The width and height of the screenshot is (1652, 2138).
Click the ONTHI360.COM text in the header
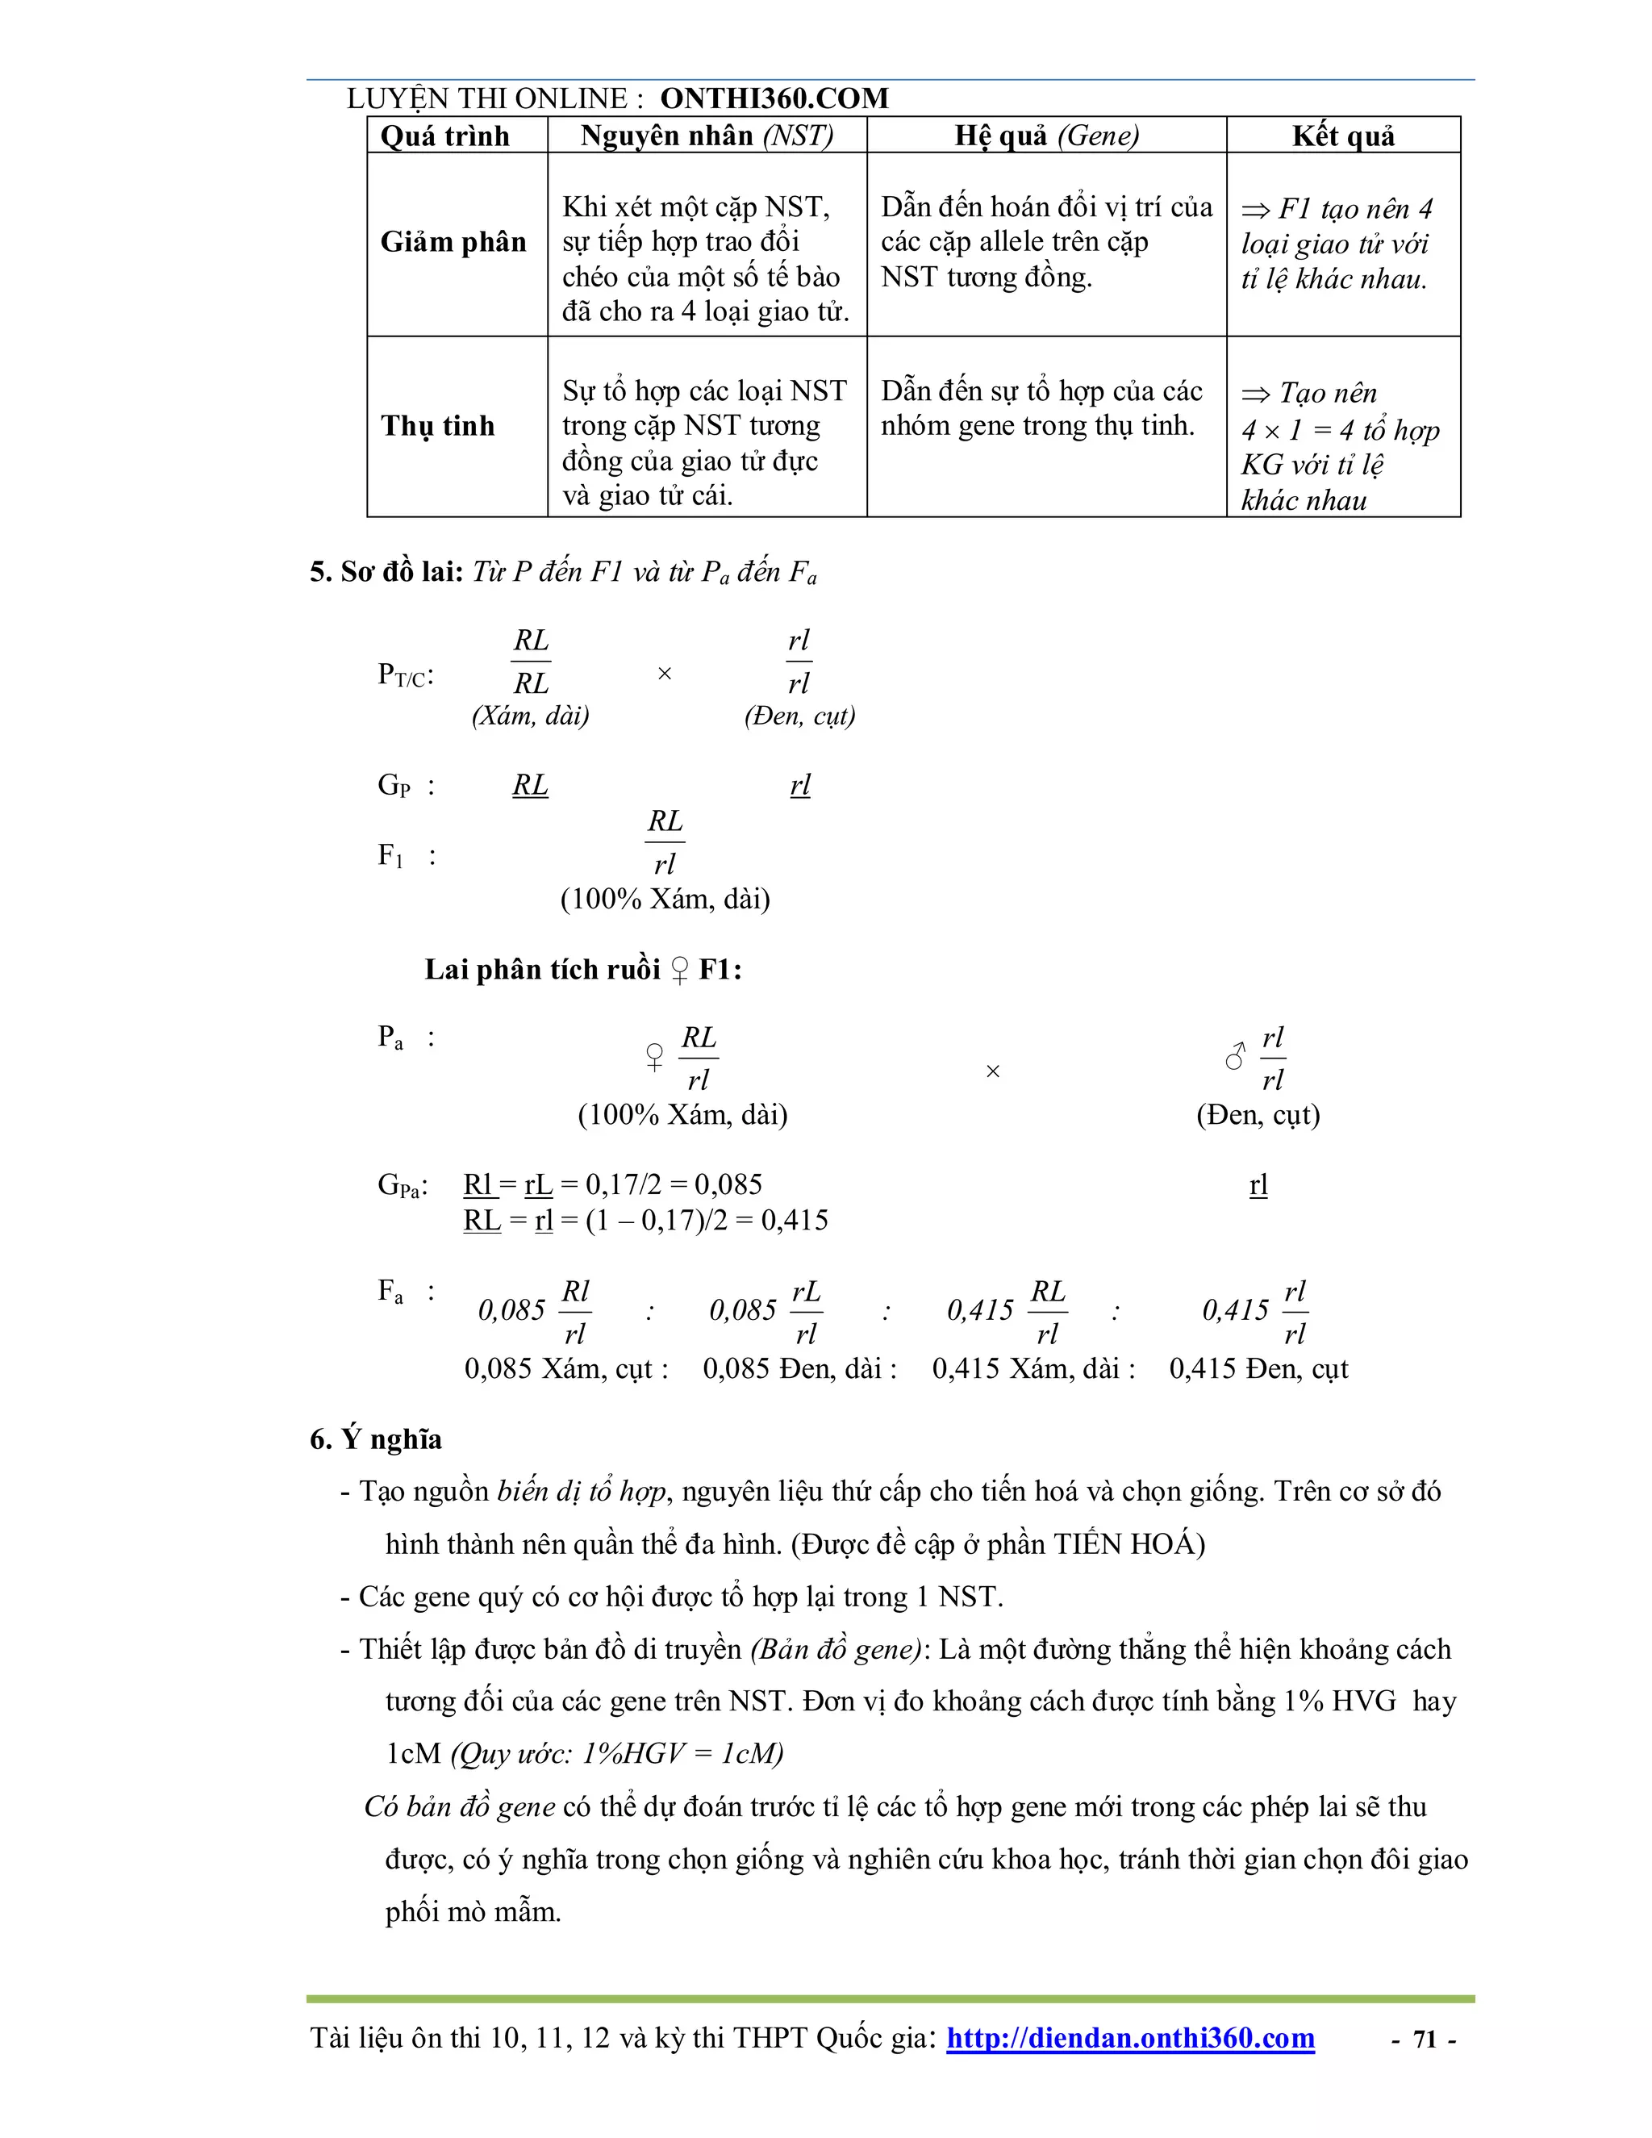click(x=774, y=98)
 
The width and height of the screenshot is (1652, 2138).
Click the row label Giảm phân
click(x=453, y=242)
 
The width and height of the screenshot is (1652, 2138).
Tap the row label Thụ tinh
click(x=437, y=426)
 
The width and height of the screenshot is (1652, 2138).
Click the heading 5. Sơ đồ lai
click(x=386, y=572)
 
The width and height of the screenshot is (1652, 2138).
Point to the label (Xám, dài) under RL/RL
click(x=531, y=716)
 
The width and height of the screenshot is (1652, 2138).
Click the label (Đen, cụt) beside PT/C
click(x=799, y=716)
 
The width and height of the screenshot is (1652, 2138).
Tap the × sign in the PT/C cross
click(x=665, y=674)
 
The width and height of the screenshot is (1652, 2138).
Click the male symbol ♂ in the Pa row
click(x=1236, y=1056)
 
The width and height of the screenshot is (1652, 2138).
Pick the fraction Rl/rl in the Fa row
click(x=575, y=1312)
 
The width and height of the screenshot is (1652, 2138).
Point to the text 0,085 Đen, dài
click(x=799, y=1368)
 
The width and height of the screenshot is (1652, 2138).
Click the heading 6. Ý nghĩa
click(x=376, y=1439)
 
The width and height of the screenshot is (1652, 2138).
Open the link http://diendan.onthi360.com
click(x=1130, y=2038)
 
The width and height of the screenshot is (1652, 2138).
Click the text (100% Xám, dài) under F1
click(x=665, y=899)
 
